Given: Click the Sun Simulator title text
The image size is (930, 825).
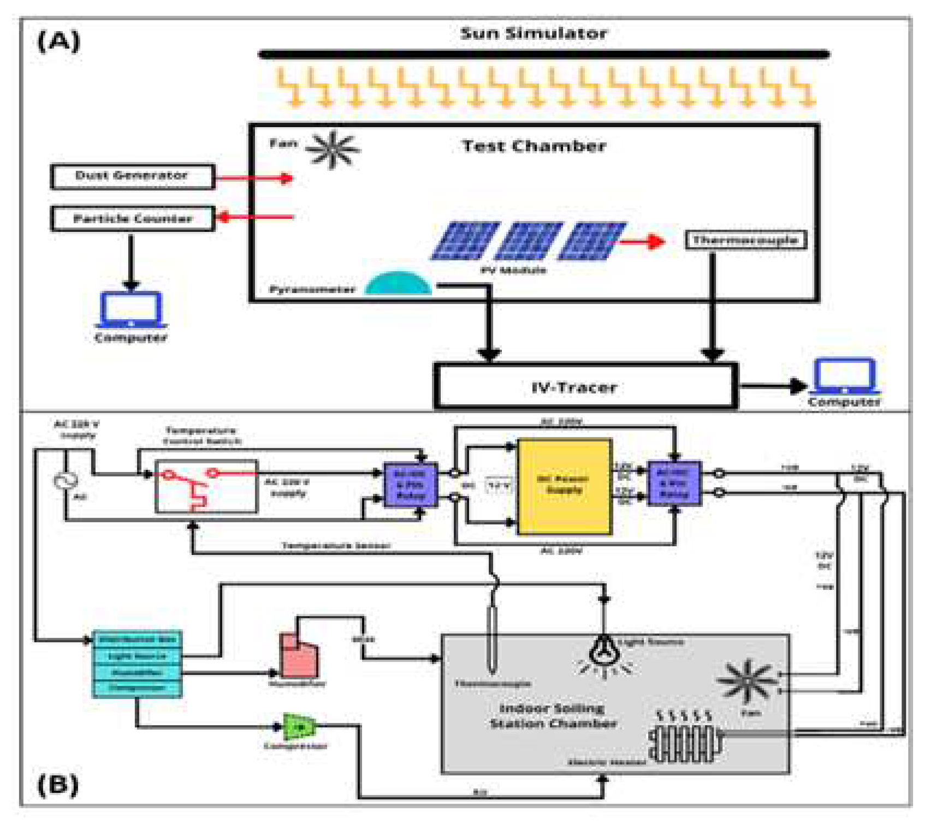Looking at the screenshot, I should [x=533, y=33].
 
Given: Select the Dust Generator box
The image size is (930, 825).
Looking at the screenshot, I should [x=132, y=176].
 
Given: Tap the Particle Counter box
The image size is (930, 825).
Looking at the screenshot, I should [x=133, y=219].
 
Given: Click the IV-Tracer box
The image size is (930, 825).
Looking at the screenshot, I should [x=585, y=387].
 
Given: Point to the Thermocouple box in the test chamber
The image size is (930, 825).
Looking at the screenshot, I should [x=745, y=240].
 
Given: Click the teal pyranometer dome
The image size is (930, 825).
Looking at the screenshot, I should [x=398, y=284].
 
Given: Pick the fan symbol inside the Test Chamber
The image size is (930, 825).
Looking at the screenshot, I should [x=332, y=150].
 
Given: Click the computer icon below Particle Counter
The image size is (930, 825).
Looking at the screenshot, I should [x=131, y=310].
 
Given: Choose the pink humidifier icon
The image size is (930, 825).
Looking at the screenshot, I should [x=299, y=655].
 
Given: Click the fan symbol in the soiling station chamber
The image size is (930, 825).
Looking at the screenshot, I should [x=746, y=680].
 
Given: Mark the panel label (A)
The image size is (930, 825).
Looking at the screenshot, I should [x=58, y=41].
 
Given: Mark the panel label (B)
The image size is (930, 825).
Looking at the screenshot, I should [x=58, y=785].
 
